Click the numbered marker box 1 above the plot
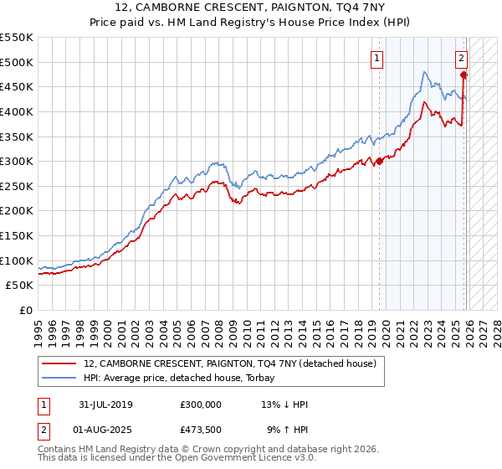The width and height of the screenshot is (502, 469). pyautogui.click(x=377, y=59)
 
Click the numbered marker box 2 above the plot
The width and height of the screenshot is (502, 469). pyautogui.click(x=461, y=59)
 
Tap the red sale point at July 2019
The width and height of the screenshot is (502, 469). pyautogui.click(x=379, y=161)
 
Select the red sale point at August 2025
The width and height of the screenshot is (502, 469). pyautogui.click(x=464, y=75)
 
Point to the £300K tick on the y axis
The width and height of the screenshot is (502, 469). pyautogui.click(x=17, y=161)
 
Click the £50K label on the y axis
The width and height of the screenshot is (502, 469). pyautogui.click(x=20, y=286)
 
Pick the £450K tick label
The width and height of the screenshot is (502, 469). pyautogui.click(x=17, y=86)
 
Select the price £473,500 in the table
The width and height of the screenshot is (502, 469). pyautogui.click(x=201, y=430)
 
